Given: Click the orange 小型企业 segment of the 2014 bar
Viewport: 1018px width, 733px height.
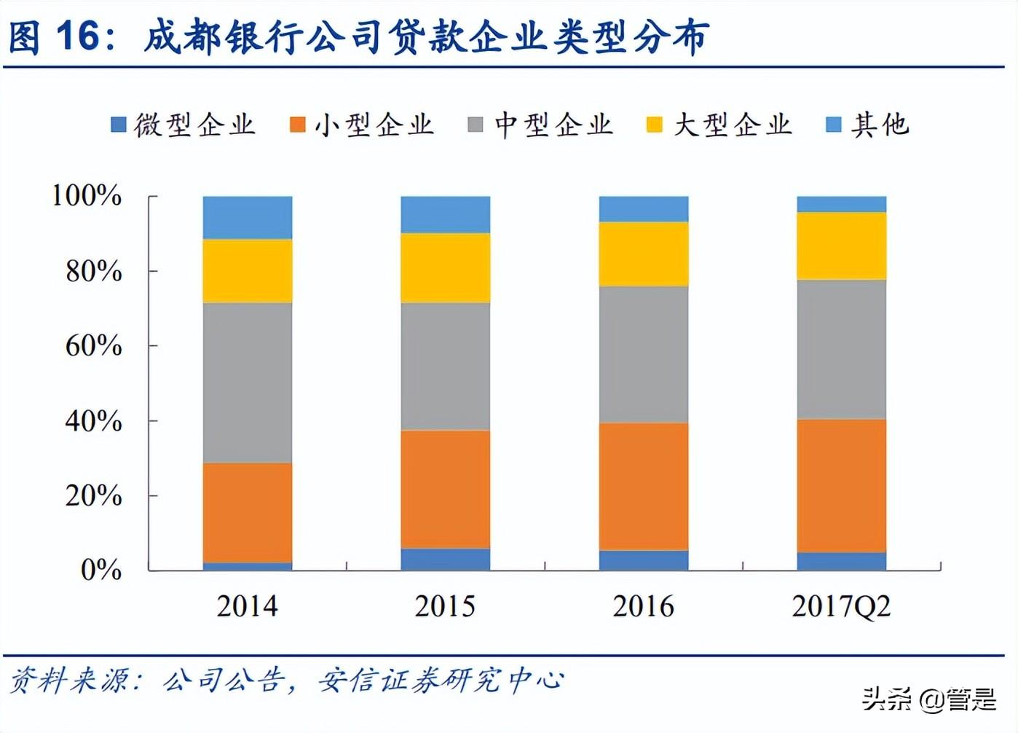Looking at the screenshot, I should [248, 512].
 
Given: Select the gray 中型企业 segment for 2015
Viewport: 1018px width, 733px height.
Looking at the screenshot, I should [446, 366].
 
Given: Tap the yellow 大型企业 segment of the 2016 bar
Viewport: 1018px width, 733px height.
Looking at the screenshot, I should [644, 254].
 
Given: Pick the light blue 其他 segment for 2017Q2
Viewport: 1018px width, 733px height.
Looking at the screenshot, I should [842, 204].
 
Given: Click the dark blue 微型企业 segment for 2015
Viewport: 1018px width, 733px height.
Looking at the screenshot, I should [446, 559].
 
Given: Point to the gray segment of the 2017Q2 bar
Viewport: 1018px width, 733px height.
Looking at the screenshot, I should [842, 349].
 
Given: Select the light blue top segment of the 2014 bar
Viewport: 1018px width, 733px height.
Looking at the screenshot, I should [248, 217].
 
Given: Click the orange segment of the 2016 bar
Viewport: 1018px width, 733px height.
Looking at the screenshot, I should [644, 486].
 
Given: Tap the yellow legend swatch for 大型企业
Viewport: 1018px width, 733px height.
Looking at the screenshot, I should [655, 125].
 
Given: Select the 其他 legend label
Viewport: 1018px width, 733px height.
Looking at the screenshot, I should [880, 125].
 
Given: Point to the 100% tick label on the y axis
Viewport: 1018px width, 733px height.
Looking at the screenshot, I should [87, 195].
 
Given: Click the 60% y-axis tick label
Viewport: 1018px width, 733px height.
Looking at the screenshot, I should [94, 345].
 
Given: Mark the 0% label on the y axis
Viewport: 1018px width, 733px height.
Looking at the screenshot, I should [101, 570].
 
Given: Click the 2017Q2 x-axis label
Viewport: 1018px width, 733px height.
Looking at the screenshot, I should [842, 606].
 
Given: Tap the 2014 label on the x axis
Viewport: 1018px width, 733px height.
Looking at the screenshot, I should [248, 606].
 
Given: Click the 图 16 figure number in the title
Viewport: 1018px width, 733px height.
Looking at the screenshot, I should [55, 36].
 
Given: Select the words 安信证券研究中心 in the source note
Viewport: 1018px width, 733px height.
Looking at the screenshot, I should [441, 681].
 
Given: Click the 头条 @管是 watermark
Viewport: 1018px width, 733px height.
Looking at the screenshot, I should [929, 699].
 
